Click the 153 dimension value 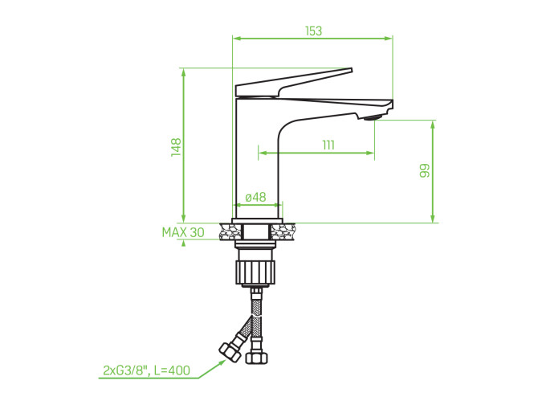[x=314, y=31]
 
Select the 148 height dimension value [x=176, y=147]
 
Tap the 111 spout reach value [x=328, y=145]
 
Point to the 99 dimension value [x=425, y=170]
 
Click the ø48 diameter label [x=255, y=197]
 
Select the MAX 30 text [x=183, y=232]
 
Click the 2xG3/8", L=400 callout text [x=146, y=370]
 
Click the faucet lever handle [x=294, y=83]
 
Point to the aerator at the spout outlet [x=373, y=118]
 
